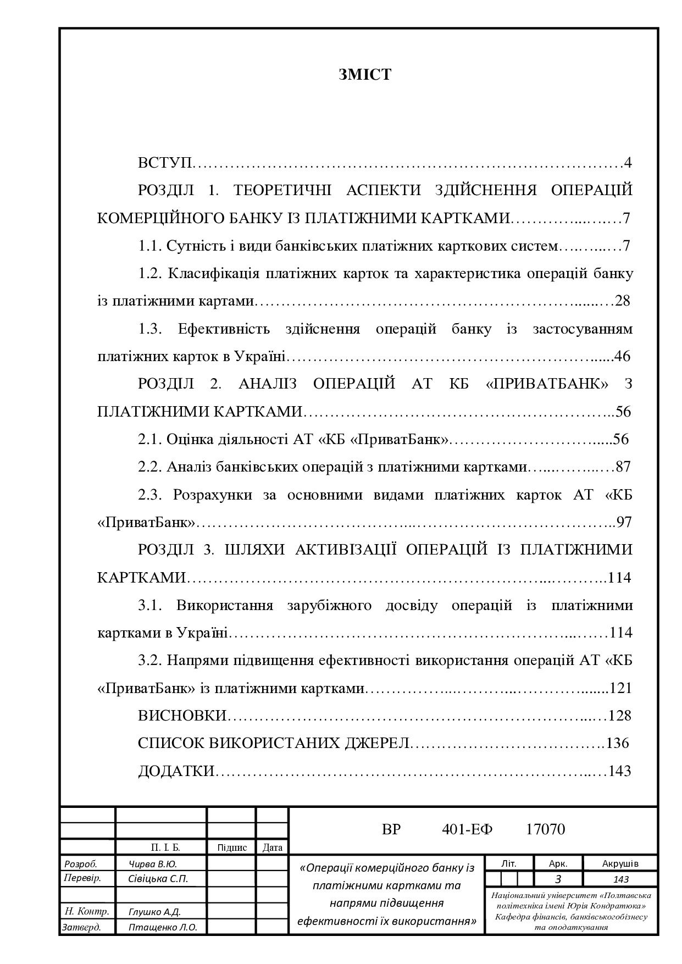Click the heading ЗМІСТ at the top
pyautogui.click(x=365, y=75)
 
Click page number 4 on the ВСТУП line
pyautogui.click(x=628, y=163)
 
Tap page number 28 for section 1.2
pyautogui.click(x=622, y=301)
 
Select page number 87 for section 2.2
pyautogui.click(x=623, y=467)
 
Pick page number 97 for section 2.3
pyautogui.click(x=625, y=522)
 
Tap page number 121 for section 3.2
pyautogui.click(x=621, y=688)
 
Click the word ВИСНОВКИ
pyautogui.click(x=182, y=716)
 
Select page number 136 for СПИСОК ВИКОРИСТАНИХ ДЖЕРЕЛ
pyautogui.click(x=617, y=743)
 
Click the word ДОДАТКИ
pyautogui.click(x=176, y=771)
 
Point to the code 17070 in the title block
pyautogui.click(x=545, y=829)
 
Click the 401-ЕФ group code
pyautogui.click(x=467, y=829)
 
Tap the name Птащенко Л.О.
pyautogui.click(x=163, y=927)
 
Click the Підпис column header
pyautogui.click(x=232, y=847)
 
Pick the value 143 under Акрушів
pyautogui.click(x=620, y=879)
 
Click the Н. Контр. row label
pyautogui.click(x=87, y=911)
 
